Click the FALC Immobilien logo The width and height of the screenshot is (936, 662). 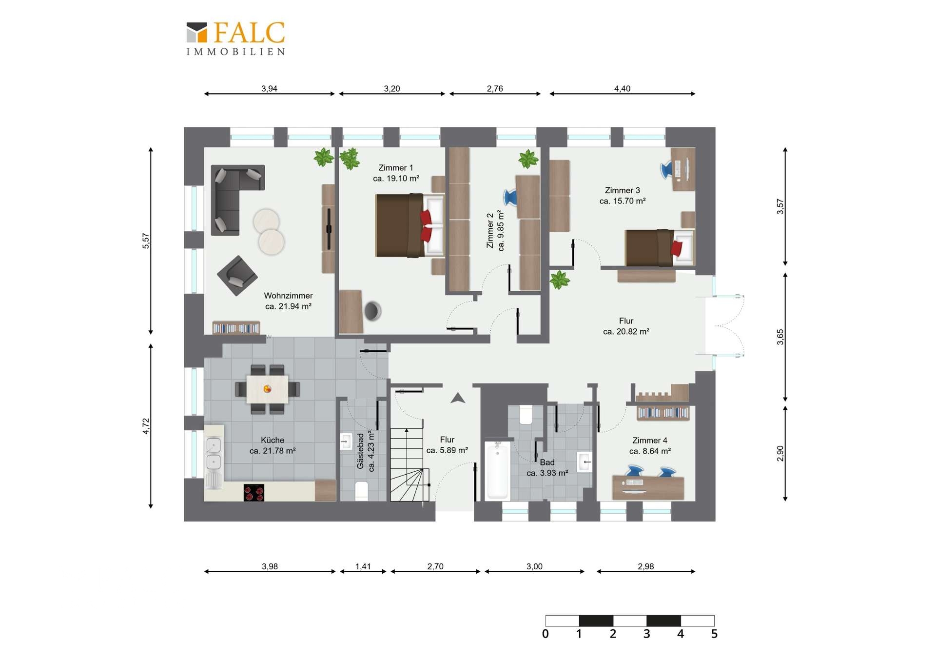click(236, 39)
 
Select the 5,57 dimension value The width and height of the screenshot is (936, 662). click(146, 241)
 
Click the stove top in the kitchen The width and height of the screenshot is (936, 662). click(253, 493)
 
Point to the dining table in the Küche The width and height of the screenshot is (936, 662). click(267, 389)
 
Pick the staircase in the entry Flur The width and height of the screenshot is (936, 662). click(409, 464)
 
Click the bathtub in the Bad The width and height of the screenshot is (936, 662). click(497, 470)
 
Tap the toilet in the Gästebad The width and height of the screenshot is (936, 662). click(361, 490)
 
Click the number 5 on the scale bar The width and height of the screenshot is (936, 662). click(714, 634)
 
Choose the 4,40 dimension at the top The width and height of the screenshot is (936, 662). click(622, 88)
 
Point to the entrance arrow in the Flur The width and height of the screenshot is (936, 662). click(457, 398)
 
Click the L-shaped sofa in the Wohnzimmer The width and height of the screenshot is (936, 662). click(232, 195)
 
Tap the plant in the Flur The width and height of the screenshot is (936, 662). click(560, 281)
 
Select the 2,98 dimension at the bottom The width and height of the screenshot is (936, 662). click(645, 566)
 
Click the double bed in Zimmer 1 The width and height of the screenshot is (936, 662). click(409, 225)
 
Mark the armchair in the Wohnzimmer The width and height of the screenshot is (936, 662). click(237, 276)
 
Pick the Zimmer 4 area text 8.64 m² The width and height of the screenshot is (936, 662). click(650, 451)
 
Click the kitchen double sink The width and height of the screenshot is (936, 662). click(214, 454)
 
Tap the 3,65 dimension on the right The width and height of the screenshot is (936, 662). click(780, 337)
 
